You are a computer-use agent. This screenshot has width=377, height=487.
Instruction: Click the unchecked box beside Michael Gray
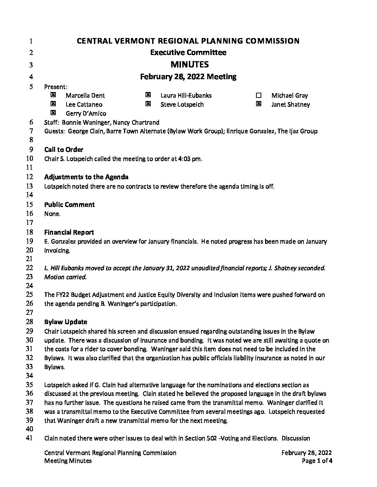pos(258,95)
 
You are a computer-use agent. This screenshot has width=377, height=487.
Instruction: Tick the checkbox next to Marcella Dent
pos(53,95)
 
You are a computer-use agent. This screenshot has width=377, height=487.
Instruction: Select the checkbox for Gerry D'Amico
pos(53,112)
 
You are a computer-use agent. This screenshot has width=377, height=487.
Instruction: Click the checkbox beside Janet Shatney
pos(258,104)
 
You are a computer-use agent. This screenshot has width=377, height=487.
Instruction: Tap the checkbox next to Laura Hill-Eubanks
pos(148,95)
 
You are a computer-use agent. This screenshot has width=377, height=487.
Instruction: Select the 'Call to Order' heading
pos(64,150)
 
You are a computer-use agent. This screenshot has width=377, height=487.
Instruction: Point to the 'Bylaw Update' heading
pos(65,322)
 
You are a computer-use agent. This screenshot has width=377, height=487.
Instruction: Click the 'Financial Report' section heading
pos(69,232)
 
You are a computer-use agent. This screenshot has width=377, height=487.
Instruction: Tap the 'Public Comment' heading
pos(69,205)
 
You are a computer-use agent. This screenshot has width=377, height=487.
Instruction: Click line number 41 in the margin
pos(29,438)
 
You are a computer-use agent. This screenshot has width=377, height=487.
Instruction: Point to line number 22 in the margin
pos(29,268)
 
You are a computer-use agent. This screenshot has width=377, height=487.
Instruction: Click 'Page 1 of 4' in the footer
pos(317,461)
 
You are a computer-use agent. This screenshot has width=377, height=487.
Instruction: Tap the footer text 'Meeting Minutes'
pos(68,461)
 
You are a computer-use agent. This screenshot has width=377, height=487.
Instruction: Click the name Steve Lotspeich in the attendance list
pos(182,104)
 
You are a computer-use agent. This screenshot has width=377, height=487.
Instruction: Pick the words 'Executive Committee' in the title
pos(188,53)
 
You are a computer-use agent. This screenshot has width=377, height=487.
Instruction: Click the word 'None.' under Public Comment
pos(52,214)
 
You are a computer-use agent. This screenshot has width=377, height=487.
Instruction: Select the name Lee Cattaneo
pos(84,104)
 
